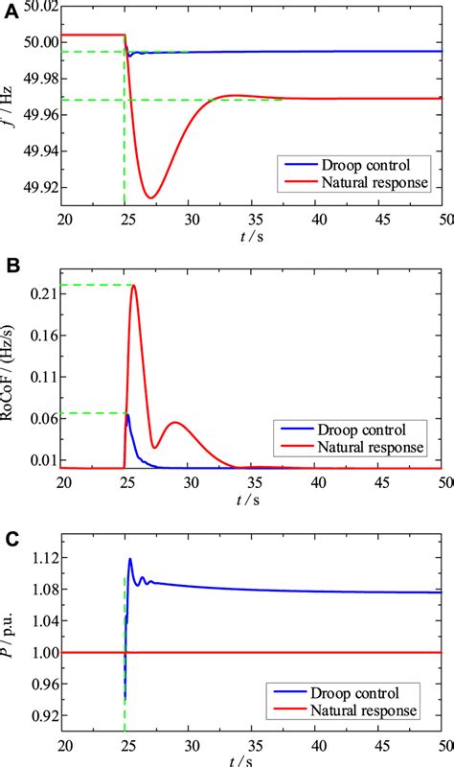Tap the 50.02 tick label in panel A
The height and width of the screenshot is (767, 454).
(x=39, y=7)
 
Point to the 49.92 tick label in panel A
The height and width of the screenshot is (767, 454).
(x=39, y=178)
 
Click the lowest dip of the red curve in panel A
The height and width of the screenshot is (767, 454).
(x=150, y=198)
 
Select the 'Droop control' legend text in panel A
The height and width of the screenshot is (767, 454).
(x=356, y=163)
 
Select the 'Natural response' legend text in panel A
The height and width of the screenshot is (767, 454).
(x=365, y=179)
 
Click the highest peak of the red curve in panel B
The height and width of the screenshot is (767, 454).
(x=133, y=285)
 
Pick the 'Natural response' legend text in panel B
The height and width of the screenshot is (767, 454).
(x=365, y=446)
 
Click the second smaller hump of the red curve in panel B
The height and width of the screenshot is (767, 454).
(x=174, y=423)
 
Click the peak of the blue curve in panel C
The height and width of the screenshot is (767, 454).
(x=130, y=559)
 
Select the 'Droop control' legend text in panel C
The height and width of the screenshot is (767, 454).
(x=356, y=693)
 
